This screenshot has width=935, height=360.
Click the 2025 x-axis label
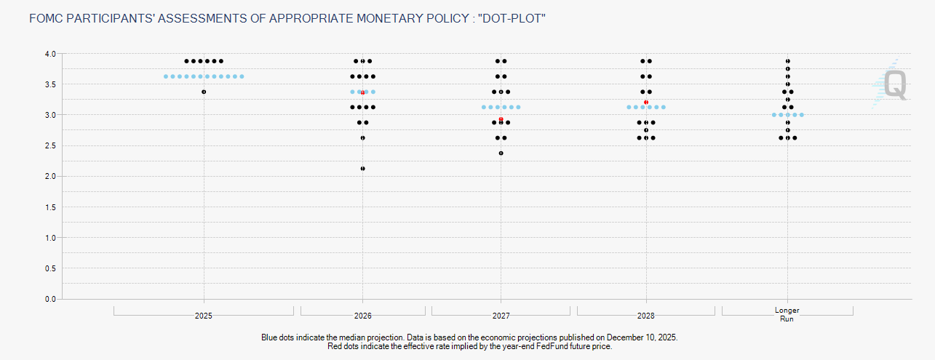[204, 316]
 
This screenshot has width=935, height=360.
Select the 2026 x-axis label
[362, 316]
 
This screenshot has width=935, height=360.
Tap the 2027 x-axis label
[501, 316]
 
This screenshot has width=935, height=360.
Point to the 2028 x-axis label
[646, 316]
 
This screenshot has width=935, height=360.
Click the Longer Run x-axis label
[787, 314]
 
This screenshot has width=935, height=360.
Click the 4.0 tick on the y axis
[50, 54]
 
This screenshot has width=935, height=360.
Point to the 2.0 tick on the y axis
[50, 177]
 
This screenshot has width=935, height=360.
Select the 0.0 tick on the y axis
[50, 299]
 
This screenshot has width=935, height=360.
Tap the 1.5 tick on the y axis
[50, 207]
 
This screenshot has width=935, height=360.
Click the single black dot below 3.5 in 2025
[204, 92]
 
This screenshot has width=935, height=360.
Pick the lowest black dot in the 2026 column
[362, 168]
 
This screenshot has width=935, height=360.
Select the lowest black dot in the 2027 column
[501, 153]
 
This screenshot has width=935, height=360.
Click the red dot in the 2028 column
[646, 103]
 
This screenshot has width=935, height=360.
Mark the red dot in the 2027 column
[501, 119]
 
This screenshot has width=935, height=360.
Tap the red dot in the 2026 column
[362, 92]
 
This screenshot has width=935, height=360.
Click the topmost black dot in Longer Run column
[787, 61]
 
